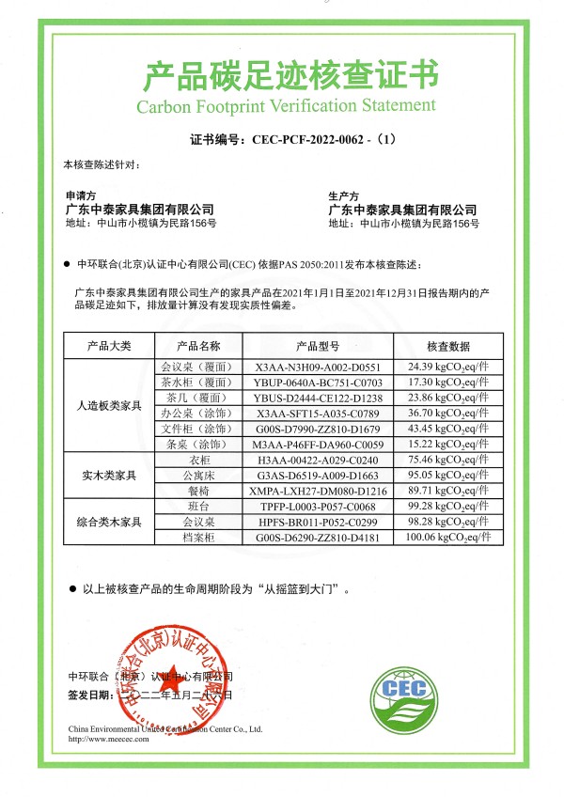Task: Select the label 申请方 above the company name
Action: point(78,195)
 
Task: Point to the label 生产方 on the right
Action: point(341,195)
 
